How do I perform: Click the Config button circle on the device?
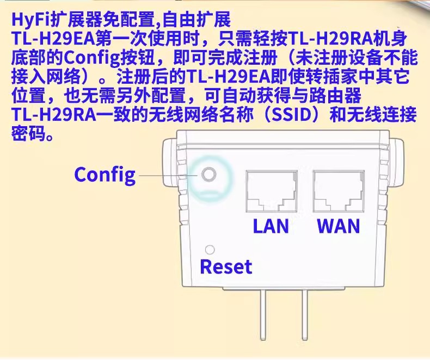coord(208,175)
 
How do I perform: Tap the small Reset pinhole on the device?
coord(208,250)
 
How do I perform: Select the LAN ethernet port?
coord(271,191)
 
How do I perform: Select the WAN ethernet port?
coord(337,191)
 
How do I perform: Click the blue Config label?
coord(105,175)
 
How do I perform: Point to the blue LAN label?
coord(271,225)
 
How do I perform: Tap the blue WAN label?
coord(338,225)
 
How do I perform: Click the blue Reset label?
coord(226,267)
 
